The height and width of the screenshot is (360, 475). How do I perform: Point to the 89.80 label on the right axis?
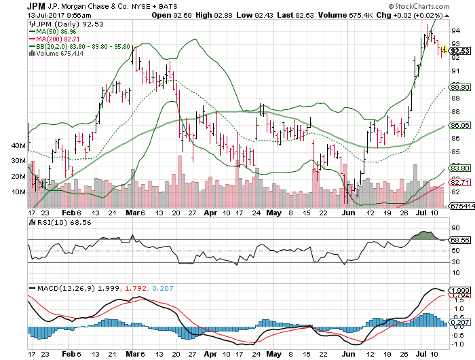click(x=460, y=87)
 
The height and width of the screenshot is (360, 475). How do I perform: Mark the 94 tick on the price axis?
click(x=454, y=31)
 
